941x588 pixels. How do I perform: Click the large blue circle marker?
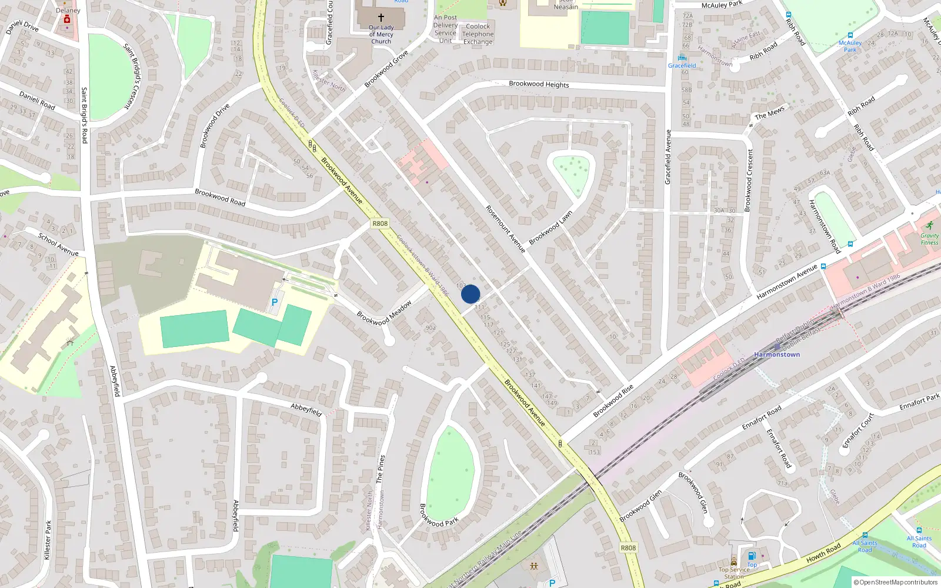click(x=470, y=294)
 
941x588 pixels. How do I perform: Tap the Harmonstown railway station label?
click(x=776, y=355)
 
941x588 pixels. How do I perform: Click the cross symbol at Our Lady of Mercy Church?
click(x=381, y=18)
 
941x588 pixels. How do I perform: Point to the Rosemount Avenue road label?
click(x=505, y=229)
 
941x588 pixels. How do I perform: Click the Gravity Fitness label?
click(x=929, y=239)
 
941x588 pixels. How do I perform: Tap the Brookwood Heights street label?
click(x=539, y=84)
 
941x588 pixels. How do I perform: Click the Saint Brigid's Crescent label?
click(x=133, y=76)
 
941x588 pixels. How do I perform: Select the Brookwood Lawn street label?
click(x=550, y=228)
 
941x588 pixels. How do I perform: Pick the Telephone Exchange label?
click(x=478, y=34)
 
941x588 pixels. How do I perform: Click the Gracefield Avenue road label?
click(x=668, y=157)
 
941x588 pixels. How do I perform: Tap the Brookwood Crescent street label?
click(x=749, y=180)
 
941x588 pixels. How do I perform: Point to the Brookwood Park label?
click(x=439, y=516)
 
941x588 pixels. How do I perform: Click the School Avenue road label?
click(x=58, y=244)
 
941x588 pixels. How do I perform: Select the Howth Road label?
click(x=823, y=553)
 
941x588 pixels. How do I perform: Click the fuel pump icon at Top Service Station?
click(x=752, y=556)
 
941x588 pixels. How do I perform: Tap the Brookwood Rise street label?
click(x=613, y=401)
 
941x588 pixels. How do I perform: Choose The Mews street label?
click(x=769, y=112)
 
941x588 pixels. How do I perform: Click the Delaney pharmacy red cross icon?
click(x=67, y=19)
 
